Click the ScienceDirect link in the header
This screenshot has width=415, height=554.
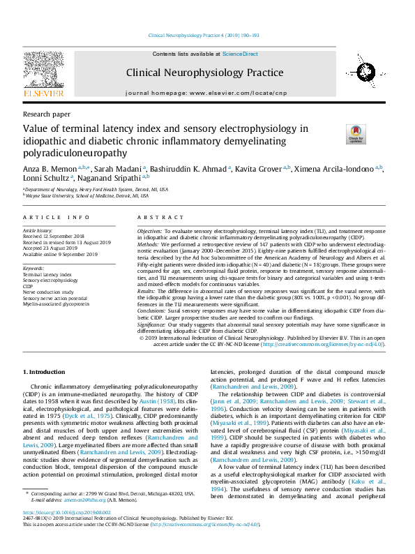[240, 54]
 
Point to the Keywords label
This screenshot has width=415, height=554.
[33, 268]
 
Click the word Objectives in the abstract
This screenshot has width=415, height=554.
[149, 230]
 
